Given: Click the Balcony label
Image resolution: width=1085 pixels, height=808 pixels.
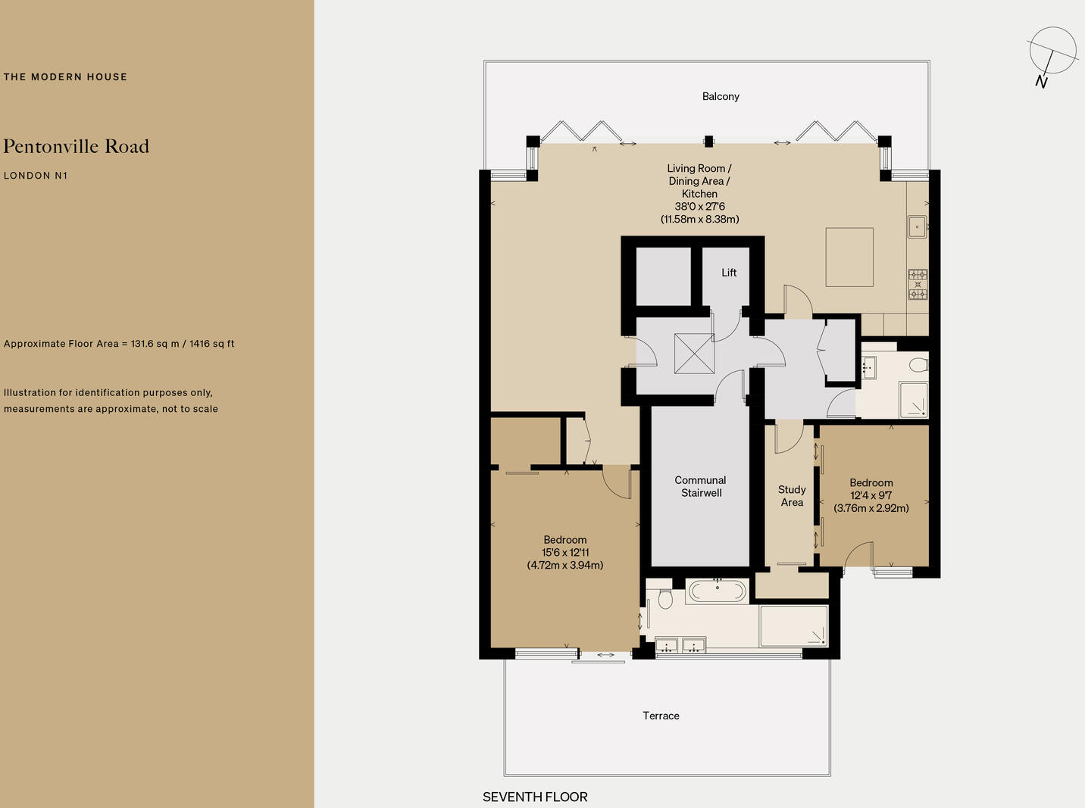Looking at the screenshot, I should click(x=721, y=96).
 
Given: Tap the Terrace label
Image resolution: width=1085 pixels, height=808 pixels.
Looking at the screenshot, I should click(x=661, y=716).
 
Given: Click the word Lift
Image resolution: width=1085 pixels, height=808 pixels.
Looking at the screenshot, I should click(x=729, y=273).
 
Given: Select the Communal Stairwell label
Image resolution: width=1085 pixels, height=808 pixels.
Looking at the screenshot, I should click(x=701, y=486).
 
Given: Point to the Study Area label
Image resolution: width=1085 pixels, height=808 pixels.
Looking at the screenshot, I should click(x=792, y=496).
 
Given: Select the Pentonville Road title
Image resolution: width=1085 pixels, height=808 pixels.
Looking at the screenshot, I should click(x=77, y=146).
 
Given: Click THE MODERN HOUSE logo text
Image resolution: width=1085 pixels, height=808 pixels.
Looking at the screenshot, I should click(x=65, y=76).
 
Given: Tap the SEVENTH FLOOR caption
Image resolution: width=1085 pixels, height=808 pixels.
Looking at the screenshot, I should click(x=535, y=797).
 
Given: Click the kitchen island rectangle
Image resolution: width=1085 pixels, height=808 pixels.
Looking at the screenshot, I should click(x=849, y=257).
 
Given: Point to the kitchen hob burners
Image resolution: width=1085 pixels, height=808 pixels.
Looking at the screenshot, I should click(x=918, y=285).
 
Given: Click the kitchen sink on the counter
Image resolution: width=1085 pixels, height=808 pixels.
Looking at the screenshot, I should click(x=917, y=226).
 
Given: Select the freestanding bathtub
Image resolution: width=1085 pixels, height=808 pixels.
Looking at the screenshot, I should click(x=717, y=591).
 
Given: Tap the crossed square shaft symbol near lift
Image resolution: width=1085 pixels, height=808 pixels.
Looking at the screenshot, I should click(x=694, y=354).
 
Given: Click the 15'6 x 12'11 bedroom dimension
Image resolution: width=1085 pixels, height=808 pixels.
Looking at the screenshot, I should click(x=565, y=553).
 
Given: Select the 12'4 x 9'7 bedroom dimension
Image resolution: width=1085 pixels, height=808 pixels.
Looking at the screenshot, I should click(x=871, y=495).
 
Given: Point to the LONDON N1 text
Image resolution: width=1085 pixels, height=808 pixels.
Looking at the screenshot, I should click(x=36, y=176).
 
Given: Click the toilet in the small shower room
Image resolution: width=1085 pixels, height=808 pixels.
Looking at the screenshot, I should click(x=918, y=365).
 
